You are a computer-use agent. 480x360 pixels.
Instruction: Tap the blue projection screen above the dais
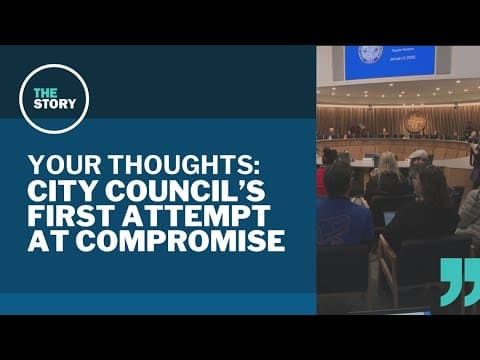389,61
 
